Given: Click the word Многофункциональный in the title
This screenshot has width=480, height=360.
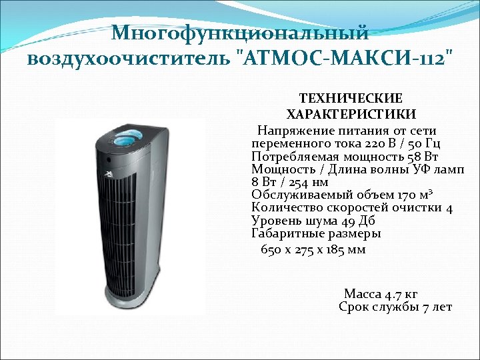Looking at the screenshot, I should (x=240, y=33).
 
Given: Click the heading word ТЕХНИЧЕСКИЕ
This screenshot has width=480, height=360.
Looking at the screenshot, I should (x=351, y=98).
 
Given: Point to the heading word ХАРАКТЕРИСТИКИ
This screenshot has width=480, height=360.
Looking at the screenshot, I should (x=351, y=113).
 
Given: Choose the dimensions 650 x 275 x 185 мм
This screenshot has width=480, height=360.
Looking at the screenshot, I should (x=313, y=250).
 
